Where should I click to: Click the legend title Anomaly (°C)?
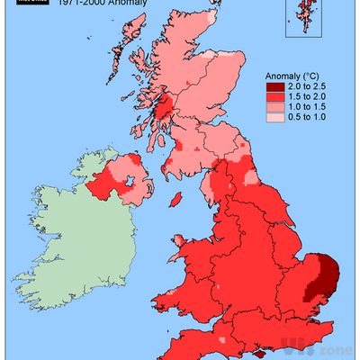(x=292, y=76)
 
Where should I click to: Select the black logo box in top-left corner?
(x=29, y=4)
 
